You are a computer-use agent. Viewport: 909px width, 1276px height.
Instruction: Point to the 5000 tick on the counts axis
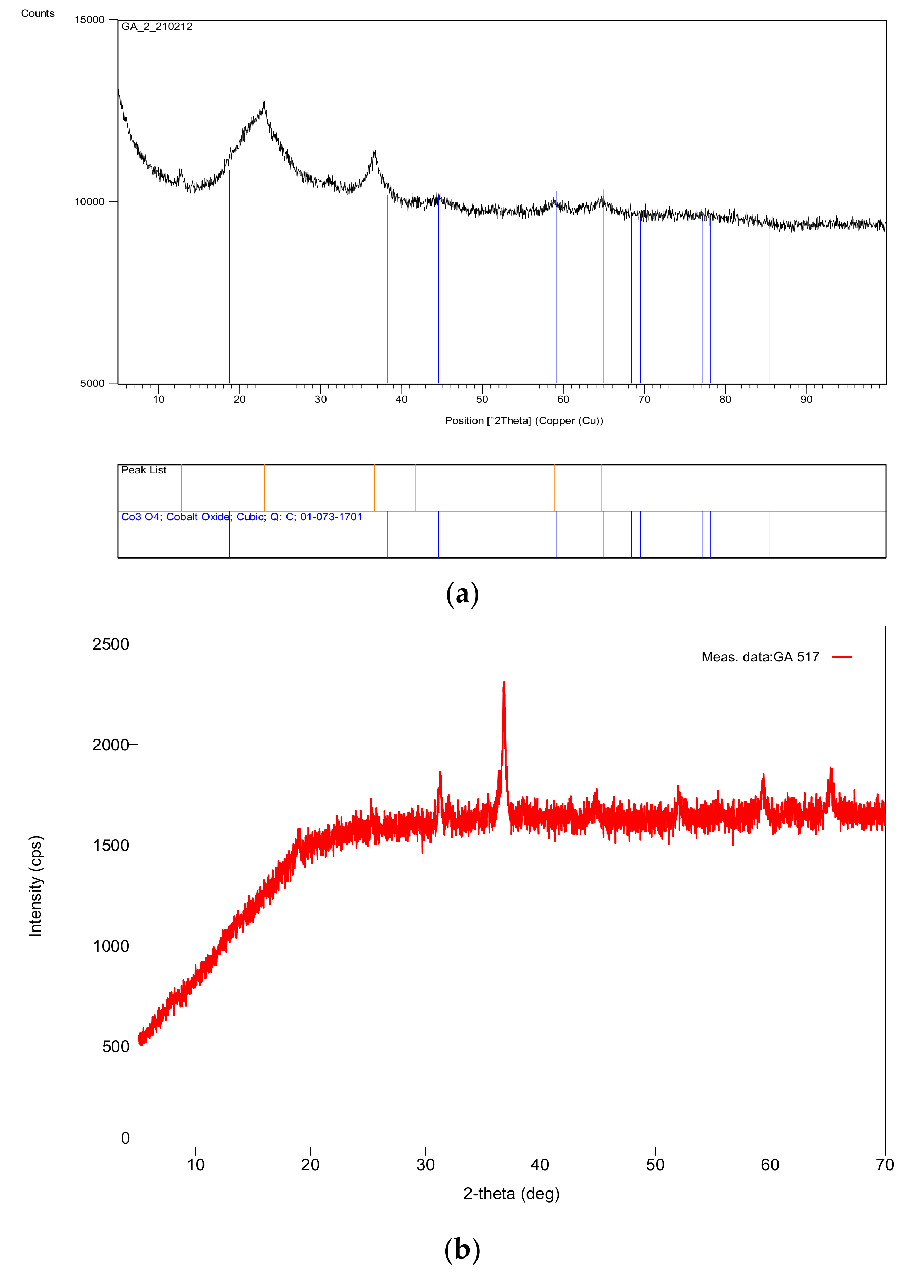tap(93, 383)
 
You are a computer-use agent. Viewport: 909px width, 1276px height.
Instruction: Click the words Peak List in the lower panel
tap(144, 470)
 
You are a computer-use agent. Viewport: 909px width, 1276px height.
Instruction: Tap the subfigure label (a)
tap(462, 594)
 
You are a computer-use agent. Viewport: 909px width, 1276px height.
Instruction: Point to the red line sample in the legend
tap(841, 656)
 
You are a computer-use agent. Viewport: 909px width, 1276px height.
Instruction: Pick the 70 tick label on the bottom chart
tap(885, 1165)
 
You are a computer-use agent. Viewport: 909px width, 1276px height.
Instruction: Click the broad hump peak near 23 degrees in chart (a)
tap(264, 104)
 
